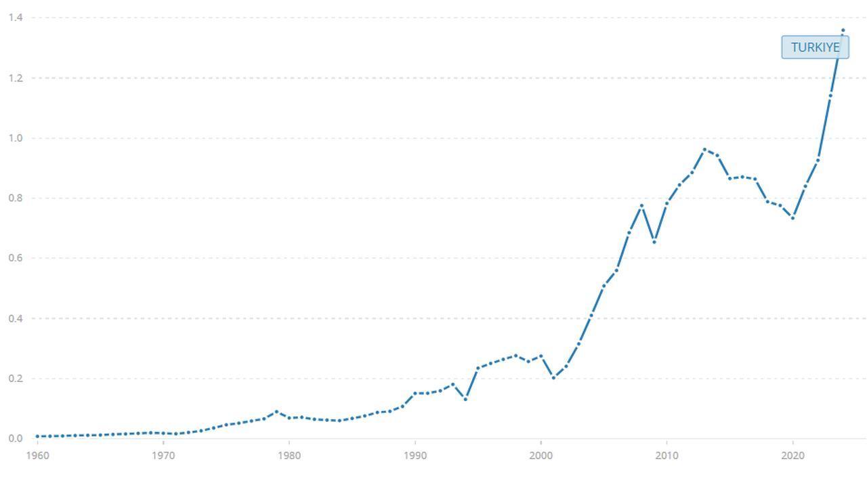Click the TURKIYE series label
815,47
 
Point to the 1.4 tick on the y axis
16,18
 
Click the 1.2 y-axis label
16,78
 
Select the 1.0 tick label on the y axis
16,138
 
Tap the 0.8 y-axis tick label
16,198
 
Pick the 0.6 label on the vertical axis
16,258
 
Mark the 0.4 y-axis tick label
16,318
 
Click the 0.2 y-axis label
16,379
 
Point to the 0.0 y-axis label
16,439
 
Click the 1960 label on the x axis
37,456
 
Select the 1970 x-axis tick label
163,456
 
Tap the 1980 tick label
289,456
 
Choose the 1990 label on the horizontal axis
415,456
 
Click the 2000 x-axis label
541,456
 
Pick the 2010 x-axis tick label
667,456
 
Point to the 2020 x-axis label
793,456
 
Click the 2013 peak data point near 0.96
704,150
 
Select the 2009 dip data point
654,242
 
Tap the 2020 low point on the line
793,218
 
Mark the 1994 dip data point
465,400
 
